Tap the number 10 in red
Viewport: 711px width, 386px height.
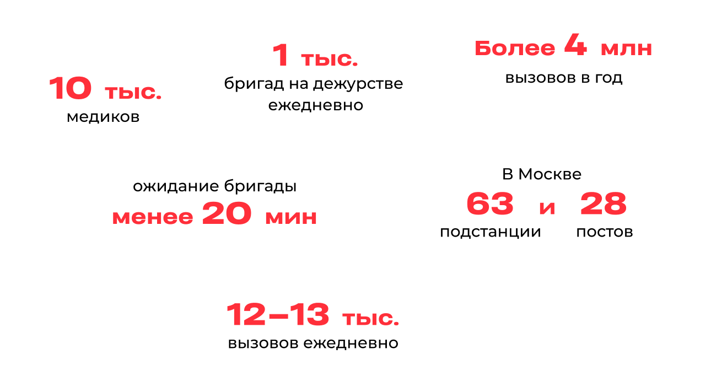pos(70,89)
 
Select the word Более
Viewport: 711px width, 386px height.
pos(515,49)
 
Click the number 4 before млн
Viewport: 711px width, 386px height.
pos(575,47)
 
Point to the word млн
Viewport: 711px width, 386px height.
pos(626,49)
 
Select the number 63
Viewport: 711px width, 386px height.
pos(490,205)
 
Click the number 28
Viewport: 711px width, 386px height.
pos(603,205)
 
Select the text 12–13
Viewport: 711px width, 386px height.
pos(278,315)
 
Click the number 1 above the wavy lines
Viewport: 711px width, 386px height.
pos(281,56)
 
